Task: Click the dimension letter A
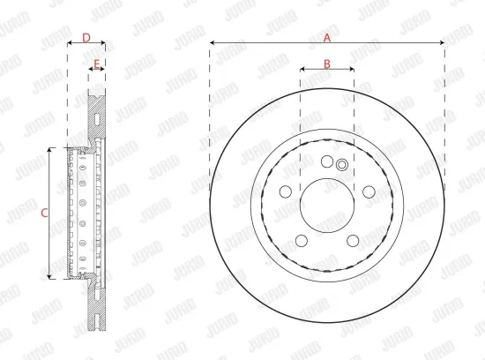pyautogui.click(x=327, y=37)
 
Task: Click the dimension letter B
pyautogui.click(x=326, y=63)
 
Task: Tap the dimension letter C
pyautogui.click(x=43, y=212)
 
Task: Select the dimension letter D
pyautogui.click(x=86, y=37)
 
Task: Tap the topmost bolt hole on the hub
pyautogui.click(x=327, y=161)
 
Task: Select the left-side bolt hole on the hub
pyautogui.click(x=286, y=191)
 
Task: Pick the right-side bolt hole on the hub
pyautogui.click(x=369, y=191)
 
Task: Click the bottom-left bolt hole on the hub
pyautogui.click(x=302, y=241)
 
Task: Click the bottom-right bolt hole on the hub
pyautogui.click(x=353, y=241)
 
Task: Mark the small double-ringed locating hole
pyautogui.click(x=342, y=165)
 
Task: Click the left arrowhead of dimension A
pyautogui.click(x=213, y=43)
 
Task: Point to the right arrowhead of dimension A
pyautogui.click(x=443, y=43)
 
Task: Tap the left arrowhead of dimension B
pyautogui.click(x=302, y=69)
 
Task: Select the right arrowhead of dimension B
pyautogui.click(x=352, y=69)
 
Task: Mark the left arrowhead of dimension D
pyautogui.click(x=69, y=43)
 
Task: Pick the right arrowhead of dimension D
pyautogui.click(x=103, y=43)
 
